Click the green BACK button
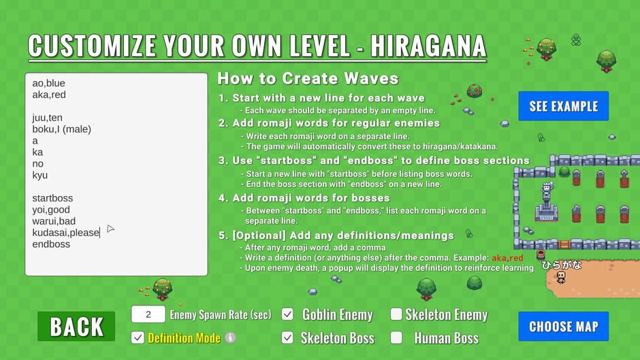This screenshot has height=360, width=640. (76, 326)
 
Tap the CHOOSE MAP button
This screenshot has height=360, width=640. (563, 326)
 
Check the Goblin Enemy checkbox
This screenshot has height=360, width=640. (287, 314)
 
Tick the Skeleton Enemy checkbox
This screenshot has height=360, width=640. (396, 314)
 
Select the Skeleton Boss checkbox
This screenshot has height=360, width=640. (287, 338)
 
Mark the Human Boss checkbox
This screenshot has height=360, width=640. (396, 338)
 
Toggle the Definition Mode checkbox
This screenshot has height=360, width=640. (138, 338)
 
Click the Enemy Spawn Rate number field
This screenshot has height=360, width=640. (148, 314)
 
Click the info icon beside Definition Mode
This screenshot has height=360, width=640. (230, 338)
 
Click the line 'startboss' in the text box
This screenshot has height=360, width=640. (52, 198)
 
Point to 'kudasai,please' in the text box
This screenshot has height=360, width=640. (66, 233)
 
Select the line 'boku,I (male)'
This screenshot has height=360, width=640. (62, 129)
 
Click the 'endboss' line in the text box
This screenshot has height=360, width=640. (51, 244)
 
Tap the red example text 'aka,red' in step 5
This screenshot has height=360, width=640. (507, 258)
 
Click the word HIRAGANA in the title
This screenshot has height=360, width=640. (428, 46)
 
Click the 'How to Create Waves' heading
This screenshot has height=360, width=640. (308, 78)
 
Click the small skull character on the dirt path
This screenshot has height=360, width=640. (562, 278)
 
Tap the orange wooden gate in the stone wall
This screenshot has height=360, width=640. (564, 244)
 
